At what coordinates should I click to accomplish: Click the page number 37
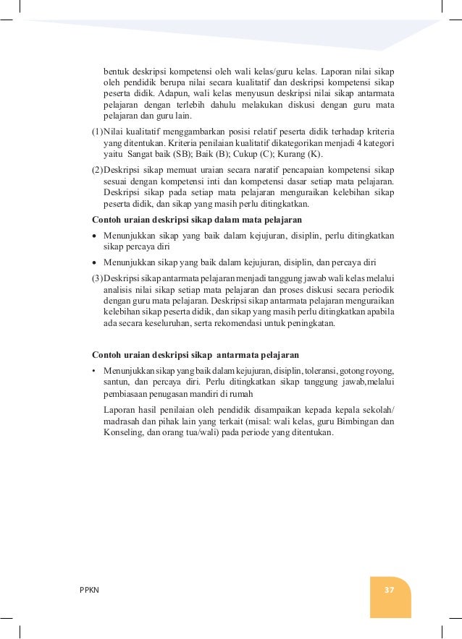(x=389, y=589)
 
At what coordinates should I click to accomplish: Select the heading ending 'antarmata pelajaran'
(x=196, y=355)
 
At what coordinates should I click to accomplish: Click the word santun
(x=117, y=382)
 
